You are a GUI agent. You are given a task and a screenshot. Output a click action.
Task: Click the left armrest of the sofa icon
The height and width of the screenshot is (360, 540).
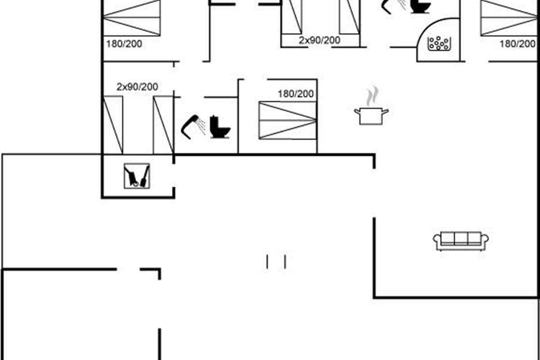(x=436, y=239)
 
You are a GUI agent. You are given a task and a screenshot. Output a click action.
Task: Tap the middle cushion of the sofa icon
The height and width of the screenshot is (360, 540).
(x=461, y=238)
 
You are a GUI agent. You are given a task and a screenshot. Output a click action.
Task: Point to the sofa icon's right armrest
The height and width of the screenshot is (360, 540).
(x=485, y=239)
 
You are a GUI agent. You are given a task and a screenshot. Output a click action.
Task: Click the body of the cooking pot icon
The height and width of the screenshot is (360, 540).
(x=371, y=117)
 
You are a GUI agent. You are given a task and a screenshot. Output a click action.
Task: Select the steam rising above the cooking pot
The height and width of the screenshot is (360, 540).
(x=372, y=96)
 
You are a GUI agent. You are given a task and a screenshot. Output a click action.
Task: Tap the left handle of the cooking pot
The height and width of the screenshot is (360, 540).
(x=357, y=112)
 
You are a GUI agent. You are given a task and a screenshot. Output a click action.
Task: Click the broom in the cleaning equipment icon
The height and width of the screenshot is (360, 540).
(x=144, y=176)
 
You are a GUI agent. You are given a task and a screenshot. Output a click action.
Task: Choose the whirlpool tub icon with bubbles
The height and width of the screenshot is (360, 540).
(x=439, y=43)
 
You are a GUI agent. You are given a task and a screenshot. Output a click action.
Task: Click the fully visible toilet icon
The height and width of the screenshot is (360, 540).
(x=220, y=127)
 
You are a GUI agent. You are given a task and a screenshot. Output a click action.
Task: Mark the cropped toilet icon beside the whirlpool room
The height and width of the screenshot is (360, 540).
(x=420, y=6)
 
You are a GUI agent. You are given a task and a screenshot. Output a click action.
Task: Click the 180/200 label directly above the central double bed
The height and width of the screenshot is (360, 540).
(x=296, y=94)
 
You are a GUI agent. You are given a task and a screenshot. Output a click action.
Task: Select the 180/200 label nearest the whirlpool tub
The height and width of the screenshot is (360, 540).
(x=517, y=44)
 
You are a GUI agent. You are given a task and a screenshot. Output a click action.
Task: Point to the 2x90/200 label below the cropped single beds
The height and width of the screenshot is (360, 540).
(x=319, y=40)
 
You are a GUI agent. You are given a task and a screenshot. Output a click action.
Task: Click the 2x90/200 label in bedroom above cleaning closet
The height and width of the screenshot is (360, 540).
(x=137, y=87)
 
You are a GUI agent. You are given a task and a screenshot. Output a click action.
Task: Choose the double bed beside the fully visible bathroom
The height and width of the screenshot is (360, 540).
(x=288, y=120)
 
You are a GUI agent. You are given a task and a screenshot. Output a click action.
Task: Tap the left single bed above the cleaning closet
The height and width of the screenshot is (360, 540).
(x=113, y=125)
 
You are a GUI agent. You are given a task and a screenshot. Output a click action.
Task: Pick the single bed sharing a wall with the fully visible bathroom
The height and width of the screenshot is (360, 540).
(x=163, y=125)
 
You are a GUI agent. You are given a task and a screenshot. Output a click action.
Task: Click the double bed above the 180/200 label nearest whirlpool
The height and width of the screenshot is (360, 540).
(x=509, y=18)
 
